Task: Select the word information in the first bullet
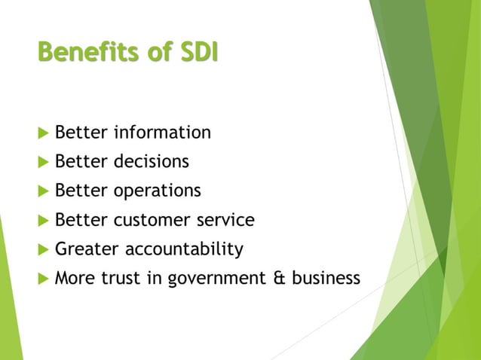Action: [162, 133]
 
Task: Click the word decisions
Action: [151, 162]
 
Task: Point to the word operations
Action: [157, 191]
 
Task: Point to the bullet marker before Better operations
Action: [41, 191]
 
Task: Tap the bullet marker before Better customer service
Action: [41, 221]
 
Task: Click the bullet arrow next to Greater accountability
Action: [41, 249]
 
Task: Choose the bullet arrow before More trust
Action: [41, 279]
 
